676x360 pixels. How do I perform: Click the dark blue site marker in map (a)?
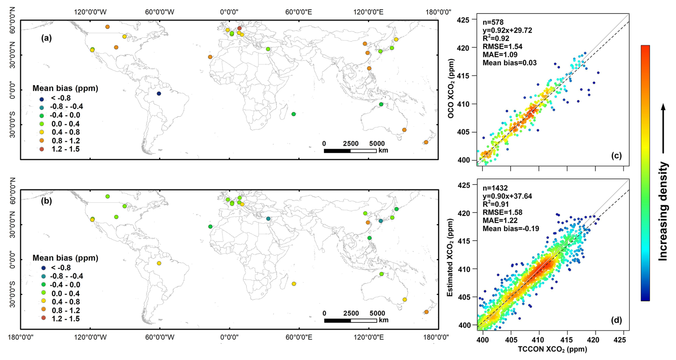[159, 94]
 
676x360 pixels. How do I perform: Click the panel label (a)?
[46, 38]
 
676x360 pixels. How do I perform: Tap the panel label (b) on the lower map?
[46, 201]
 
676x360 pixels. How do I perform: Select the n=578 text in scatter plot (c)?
[493, 23]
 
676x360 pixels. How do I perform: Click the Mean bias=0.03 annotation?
[510, 63]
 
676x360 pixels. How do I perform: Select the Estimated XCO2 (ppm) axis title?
[450, 257]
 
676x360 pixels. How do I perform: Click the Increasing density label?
[663, 211]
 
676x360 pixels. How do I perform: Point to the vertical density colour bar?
[645, 173]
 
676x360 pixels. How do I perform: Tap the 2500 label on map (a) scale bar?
[351, 144]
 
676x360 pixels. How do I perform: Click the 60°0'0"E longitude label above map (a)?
[298, 12]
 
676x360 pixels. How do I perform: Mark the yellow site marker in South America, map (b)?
[159, 263]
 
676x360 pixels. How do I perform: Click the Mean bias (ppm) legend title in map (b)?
[65, 258]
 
